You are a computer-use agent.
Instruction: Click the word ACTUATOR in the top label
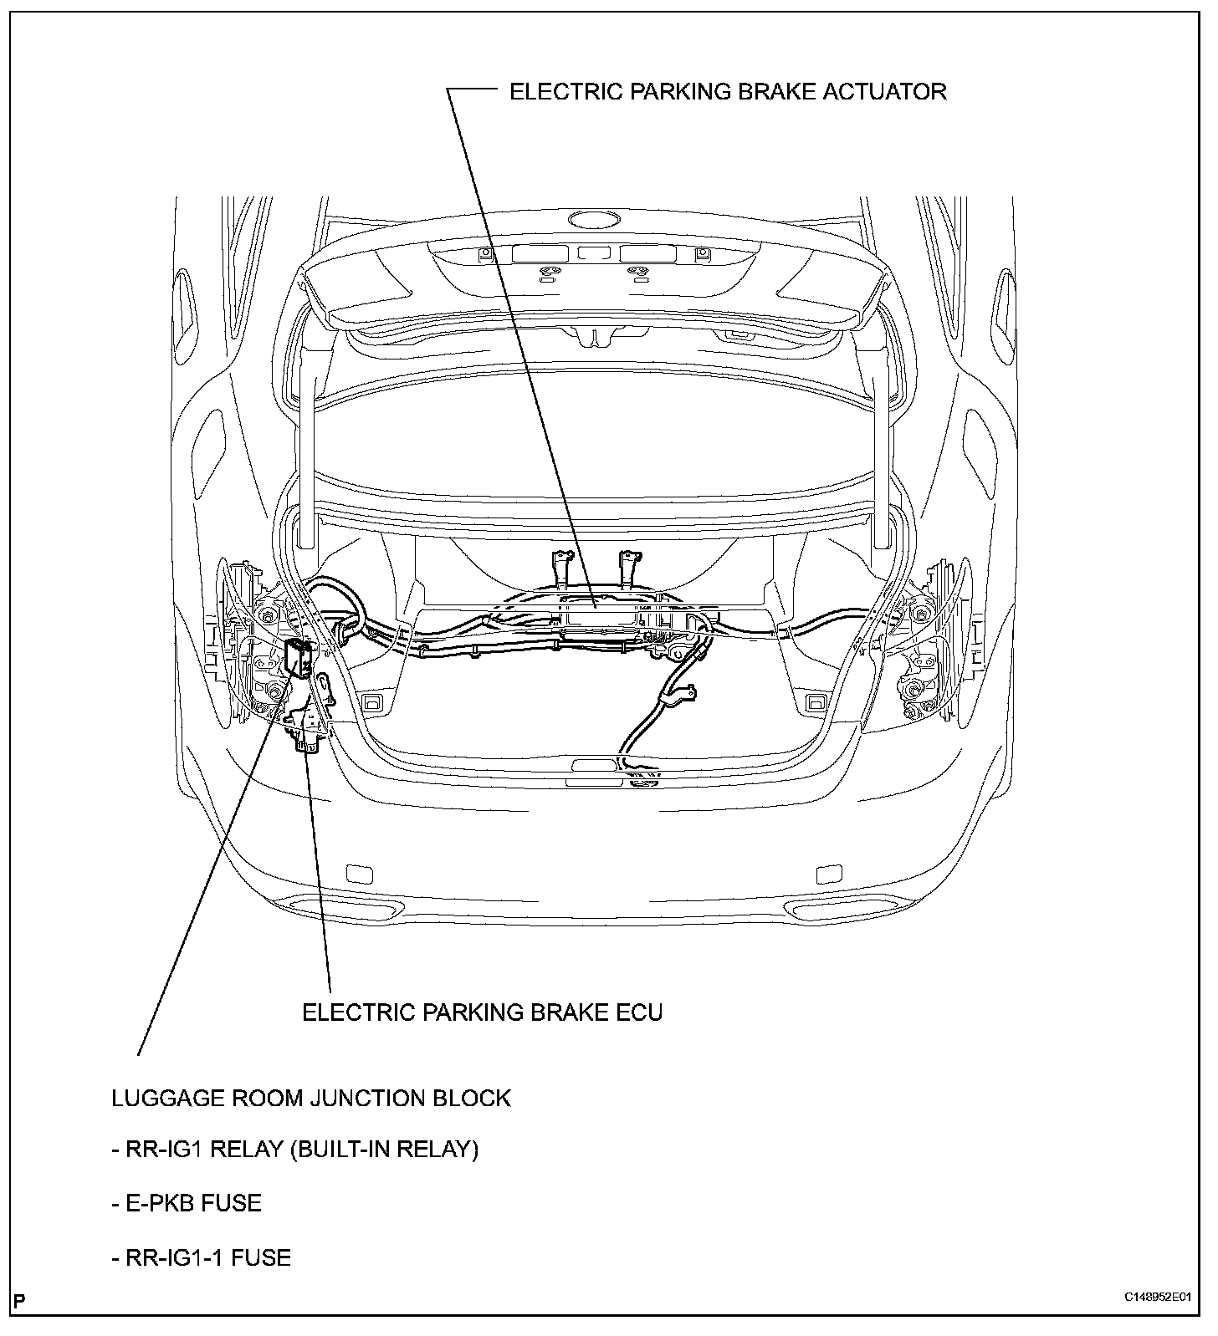(x=885, y=91)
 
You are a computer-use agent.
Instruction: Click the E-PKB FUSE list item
(x=187, y=1203)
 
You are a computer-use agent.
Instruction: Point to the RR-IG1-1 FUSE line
(x=201, y=1257)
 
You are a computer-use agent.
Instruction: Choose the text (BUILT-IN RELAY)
(x=384, y=1150)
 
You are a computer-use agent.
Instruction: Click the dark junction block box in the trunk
(x=299, y=657)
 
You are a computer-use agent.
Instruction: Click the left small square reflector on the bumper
(x=361, y=874)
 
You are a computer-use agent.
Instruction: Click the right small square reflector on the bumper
(x=828, y=874)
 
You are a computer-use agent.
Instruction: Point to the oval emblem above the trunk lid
(x=594, y=220)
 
